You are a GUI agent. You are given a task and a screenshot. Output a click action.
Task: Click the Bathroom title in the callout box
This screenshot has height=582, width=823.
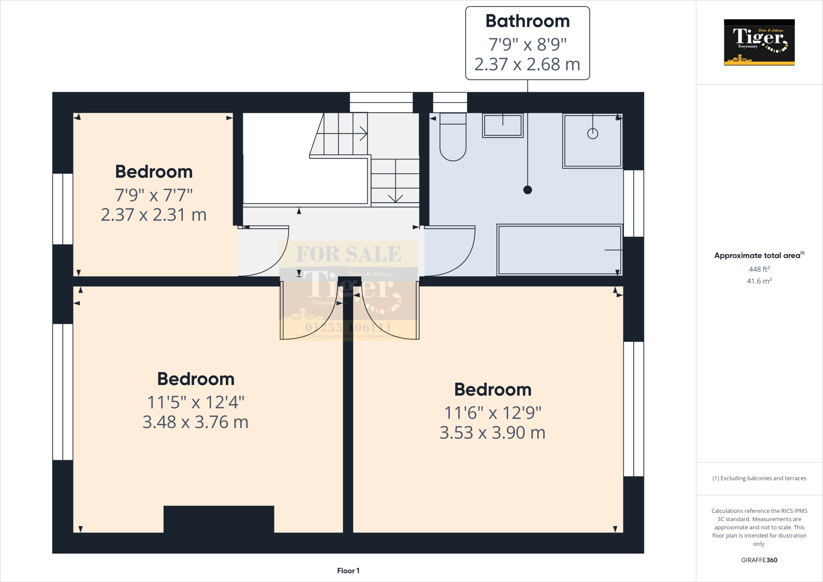pos(527,21)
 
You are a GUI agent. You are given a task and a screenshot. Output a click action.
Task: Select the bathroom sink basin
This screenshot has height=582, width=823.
pos(503,125)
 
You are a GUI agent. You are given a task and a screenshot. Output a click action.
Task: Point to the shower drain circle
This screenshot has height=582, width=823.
pos(593,133)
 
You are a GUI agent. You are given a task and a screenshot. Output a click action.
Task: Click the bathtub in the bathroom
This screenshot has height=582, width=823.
pos(559,250)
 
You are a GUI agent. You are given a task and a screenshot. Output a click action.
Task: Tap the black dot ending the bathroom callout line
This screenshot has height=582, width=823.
pos(528,190)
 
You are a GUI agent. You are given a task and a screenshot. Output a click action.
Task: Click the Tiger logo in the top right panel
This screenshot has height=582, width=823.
pos(759,42)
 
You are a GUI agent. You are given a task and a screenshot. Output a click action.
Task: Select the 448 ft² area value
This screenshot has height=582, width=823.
pos(759,269)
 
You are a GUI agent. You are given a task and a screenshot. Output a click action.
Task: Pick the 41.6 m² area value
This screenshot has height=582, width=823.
pos(759,281)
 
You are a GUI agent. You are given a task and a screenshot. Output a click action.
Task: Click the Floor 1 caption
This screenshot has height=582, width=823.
pos(348,571)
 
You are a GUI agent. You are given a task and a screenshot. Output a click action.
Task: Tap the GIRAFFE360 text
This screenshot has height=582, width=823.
pos(759,560)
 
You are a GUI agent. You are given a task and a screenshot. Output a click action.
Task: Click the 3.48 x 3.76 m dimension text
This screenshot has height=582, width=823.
pos(195,422)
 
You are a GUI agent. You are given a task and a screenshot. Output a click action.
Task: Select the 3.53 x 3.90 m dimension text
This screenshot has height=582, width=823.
pos(492,433)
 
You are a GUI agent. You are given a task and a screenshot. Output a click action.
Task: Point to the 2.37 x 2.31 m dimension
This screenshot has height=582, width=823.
pos(154,215)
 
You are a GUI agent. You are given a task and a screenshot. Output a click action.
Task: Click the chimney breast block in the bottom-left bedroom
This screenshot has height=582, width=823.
pos(219,519)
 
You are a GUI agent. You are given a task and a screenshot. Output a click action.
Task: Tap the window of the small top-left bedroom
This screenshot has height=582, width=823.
pos(63,209)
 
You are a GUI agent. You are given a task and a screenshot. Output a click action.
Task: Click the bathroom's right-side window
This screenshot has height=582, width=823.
pos(634,203)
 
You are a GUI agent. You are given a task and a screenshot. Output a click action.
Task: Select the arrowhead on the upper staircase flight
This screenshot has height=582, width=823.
pos(364,133)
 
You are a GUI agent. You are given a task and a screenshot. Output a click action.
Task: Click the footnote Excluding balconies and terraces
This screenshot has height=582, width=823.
pos(759,478)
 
